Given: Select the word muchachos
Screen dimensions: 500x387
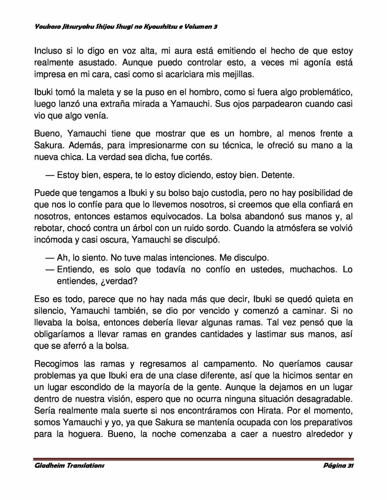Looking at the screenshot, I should tap(313, 269).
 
